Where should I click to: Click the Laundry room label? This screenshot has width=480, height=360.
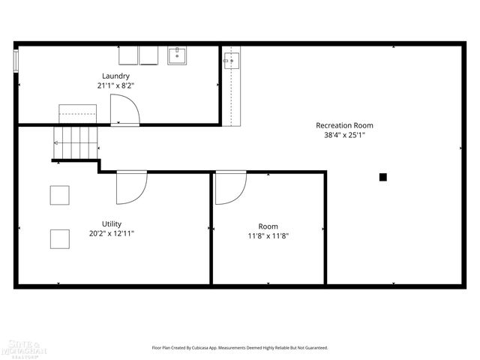coord(116,76)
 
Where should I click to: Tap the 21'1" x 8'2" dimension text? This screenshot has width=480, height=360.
coord(116,85)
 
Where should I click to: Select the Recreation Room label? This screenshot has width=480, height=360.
coord(344,125)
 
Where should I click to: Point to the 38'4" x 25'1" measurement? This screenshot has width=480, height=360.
coord(344,136)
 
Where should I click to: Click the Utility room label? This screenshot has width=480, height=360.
coord(112,223)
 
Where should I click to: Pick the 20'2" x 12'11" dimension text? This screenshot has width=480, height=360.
coord(112,233)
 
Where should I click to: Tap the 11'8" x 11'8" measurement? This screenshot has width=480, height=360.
coord(268,235)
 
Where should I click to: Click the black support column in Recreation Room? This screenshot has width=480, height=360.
coord(382,177)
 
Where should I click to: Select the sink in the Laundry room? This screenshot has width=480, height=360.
coord(178,56)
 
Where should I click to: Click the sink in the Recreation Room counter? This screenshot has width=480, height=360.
coord(230,61)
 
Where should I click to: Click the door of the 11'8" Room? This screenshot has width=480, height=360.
coord(229,187)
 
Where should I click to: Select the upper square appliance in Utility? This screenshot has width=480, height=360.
coord(60,195)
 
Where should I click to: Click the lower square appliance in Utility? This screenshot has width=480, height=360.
coord(60,239)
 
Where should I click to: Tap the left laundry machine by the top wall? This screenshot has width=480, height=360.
coord(128,55)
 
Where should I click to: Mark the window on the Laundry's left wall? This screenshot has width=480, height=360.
coord(15,61)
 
